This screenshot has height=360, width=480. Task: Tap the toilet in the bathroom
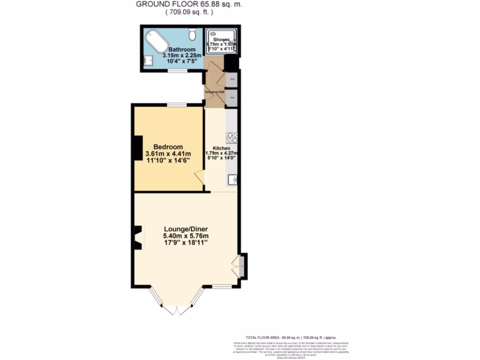click(192, 34)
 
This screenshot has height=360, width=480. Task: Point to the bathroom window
click(178, 71)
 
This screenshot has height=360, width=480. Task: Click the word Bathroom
click(182, 50)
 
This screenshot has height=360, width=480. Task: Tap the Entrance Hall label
click(215, 92)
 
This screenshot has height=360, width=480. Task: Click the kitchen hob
click(232, 138)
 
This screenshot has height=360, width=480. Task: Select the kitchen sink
click(232, 179)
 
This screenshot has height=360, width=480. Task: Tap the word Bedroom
click(168, 147)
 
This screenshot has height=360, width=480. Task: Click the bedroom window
click(178, 105)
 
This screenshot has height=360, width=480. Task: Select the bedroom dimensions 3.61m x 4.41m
click(168, 154)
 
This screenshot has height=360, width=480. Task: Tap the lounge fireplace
click(138, 238)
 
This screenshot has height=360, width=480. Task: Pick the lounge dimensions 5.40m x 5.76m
click(186, 235)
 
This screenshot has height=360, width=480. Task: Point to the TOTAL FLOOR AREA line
click(291, 337)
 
